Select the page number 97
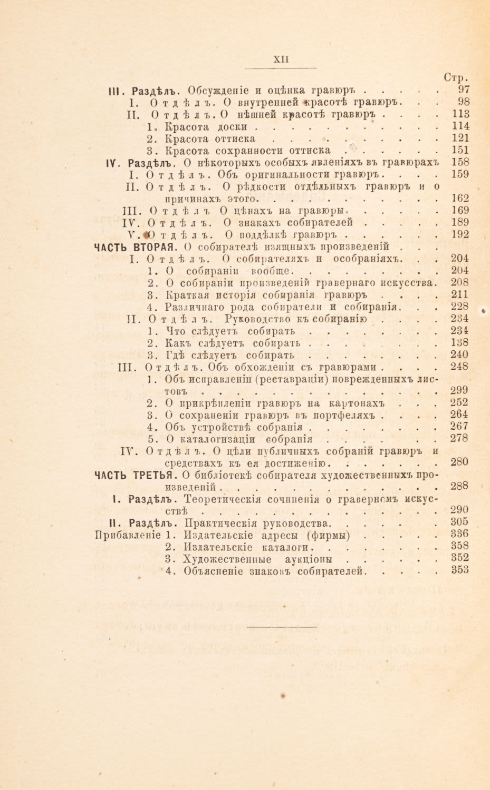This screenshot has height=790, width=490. tap(464, 89)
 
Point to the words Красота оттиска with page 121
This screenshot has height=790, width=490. tap(209, 139)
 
